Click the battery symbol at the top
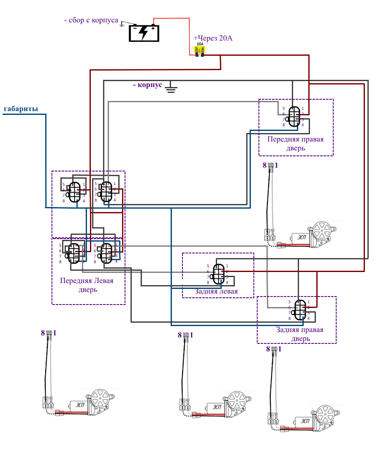[144, 33]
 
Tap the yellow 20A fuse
[199, 50]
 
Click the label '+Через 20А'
[213, 38]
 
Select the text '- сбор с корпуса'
[91, 20]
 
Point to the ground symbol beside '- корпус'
[171, 88]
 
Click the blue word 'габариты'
[21, 109]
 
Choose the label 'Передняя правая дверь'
[296, 144]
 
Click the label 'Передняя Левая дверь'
[87, 285]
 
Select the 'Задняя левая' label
[216, 291]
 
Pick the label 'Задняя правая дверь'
[300, 334]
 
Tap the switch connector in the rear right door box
[300, 310]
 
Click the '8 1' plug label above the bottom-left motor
[49, 333]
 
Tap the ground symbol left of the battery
[122, 24]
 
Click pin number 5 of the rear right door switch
[290, 302]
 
